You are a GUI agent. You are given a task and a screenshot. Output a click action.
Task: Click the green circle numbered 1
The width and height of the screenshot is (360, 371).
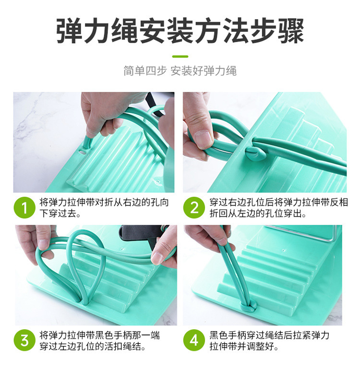pyautogui.click(x=24, y=208)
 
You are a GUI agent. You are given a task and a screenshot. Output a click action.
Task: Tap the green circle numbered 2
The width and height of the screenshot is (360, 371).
pyautogui.click(x=194, y=208)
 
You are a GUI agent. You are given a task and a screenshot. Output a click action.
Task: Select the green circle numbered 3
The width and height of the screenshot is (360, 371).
pyautogui.click(x=24, y=340)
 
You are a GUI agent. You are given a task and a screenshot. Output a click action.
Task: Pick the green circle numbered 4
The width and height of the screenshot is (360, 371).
pyautogui.click(x=194, y=340)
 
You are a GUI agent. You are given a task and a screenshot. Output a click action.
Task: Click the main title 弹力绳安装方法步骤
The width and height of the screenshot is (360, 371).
pyautogui.click(x=180, y=32)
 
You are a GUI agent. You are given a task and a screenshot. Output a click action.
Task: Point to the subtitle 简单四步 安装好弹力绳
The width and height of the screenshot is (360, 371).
pyautogui.click(x=180, y=71)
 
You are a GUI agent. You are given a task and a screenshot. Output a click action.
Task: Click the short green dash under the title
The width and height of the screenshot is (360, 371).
pyautogui.click(x=180, y=57)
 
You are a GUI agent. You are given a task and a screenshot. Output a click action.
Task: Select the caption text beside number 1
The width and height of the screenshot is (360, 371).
pyautogui.click(x=104, y=208)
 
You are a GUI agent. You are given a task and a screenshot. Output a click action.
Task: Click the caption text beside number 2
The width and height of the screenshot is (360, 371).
pyautogui.click(x=278, y=208)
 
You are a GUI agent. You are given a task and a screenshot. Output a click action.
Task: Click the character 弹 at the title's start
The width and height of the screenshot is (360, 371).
pyautogui.click(x=70, y=32)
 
